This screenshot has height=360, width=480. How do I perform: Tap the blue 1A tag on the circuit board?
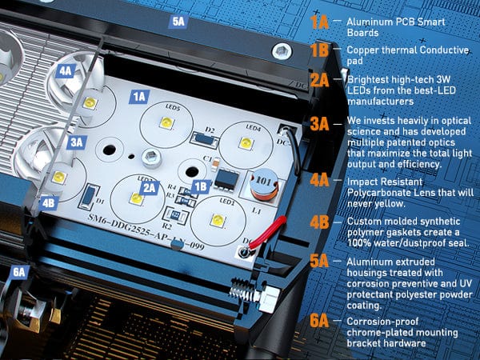click(139, 96)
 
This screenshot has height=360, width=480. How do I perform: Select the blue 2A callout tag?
click(149, 187)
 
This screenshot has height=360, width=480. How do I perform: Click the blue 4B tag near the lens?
click(50, 202)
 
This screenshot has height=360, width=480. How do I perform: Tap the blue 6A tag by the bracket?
click(19, 272)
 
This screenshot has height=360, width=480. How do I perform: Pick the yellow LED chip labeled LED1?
click(216, 218)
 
